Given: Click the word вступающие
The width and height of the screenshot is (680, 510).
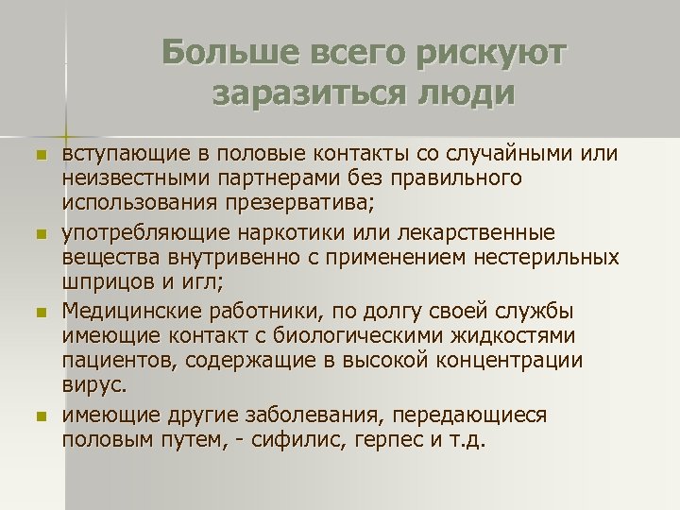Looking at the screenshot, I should pos(119,153).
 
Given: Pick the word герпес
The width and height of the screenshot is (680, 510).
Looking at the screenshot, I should pos(418,439).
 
